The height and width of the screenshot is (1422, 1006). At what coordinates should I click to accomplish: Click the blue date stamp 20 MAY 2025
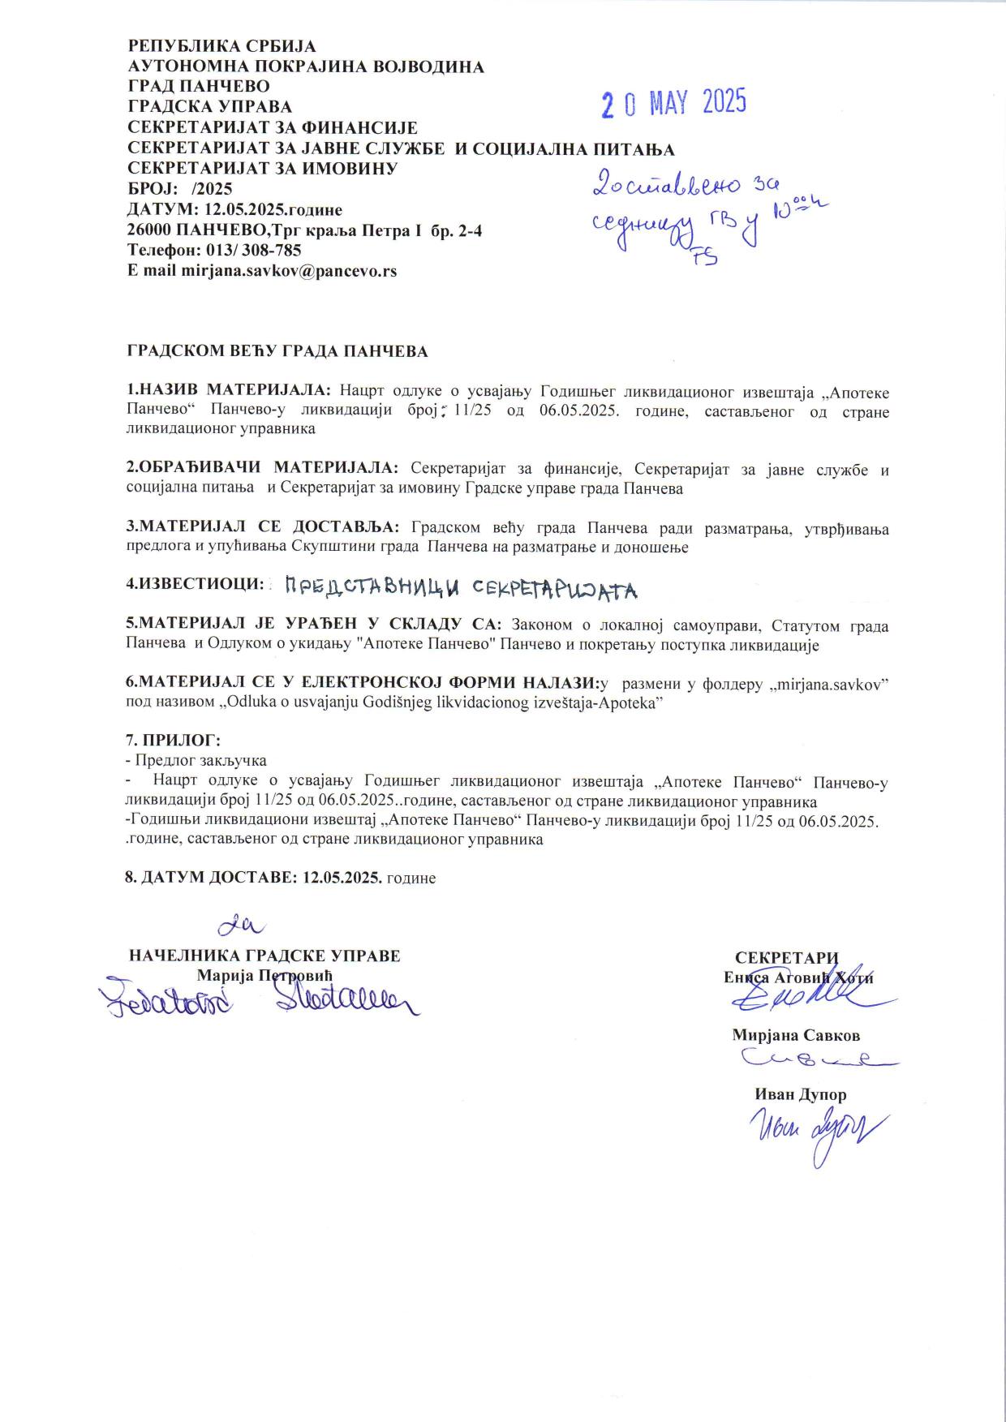tap(673, 103)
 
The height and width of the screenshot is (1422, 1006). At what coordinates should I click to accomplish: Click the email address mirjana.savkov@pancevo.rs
tap(289, 271)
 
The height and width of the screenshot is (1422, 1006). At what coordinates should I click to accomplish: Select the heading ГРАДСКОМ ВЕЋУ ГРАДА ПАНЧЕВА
tap(277, 351)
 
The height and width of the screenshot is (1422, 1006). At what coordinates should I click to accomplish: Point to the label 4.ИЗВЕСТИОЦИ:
tap(196, 584)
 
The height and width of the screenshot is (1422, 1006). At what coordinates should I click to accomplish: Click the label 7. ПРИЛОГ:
tap(173, 741)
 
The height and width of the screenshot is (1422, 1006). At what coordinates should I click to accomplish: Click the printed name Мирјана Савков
tap(796, 1035)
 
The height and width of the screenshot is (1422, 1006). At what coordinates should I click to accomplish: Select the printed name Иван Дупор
tap(801, 1094)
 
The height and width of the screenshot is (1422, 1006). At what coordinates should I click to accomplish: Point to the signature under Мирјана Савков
tap(815, 1058)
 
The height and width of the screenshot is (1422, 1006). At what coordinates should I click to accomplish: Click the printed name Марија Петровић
tap(264, 975)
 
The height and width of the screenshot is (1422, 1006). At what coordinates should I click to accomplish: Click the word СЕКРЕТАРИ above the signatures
tap(786, 957)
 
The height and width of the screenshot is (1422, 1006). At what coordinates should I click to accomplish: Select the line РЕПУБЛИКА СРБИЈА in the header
tap(222, 47)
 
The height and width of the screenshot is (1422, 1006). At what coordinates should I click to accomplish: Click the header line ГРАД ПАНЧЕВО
tap(199, 86)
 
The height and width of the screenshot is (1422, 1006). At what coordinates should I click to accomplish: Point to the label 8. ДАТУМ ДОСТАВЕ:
tap(213, 878)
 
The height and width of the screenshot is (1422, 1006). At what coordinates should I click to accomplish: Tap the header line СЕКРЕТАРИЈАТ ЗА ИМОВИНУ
tap(263, 169)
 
